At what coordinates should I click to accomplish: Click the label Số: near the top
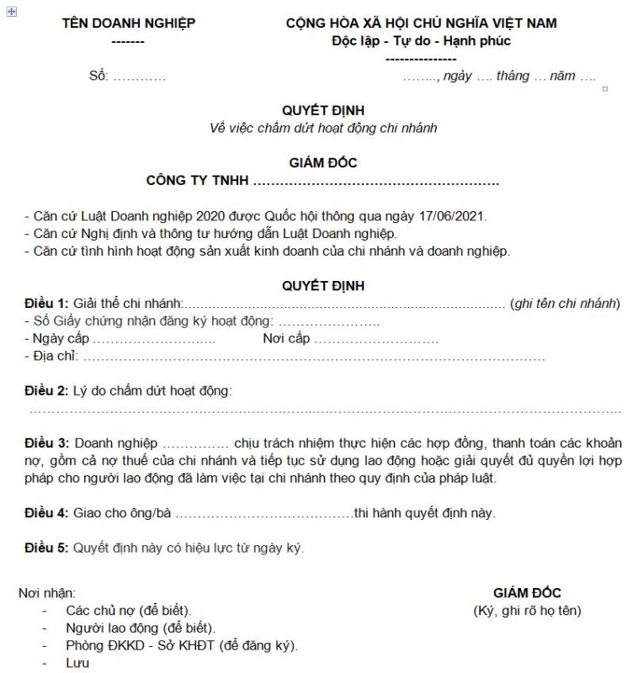[98, 76]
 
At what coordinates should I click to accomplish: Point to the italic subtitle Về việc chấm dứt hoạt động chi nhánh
[324, 128]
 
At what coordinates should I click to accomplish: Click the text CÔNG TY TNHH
[197, 180]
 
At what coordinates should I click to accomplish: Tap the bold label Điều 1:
[46, 303]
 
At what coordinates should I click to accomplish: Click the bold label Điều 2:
[46, 391]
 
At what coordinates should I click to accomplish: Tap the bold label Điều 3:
[46, 442]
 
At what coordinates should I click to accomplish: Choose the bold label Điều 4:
[46, 512]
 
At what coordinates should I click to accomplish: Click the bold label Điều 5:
[46, 548]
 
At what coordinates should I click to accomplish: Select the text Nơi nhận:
[47, 593]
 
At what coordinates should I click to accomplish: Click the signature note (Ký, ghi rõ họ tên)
[527, 611]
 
